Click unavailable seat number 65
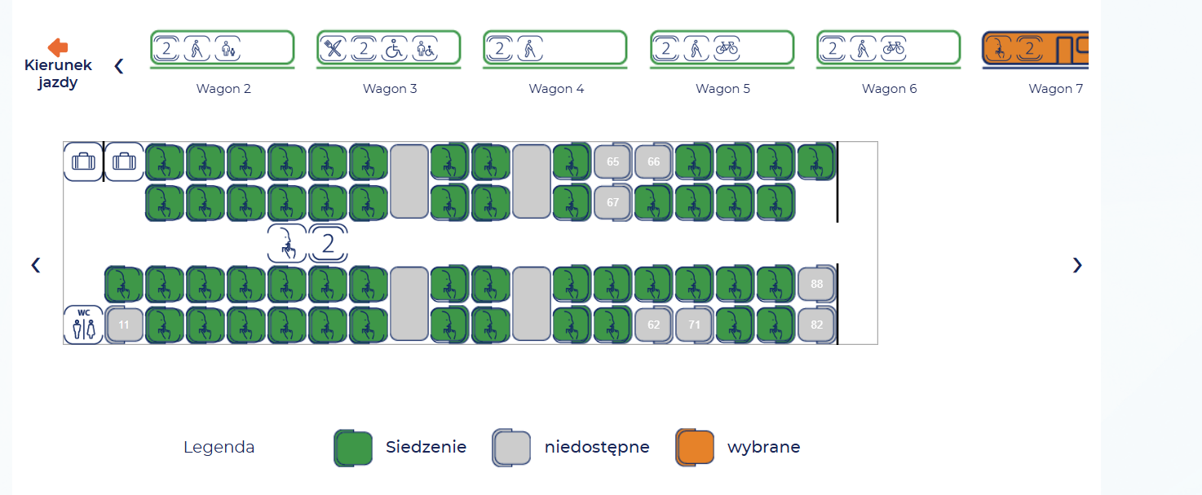coord(612,161)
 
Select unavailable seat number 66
coord(653,161)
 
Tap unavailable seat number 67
coord(612,202)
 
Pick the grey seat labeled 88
coord(816,284)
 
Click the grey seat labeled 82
coord(816,325)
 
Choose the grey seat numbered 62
coord(653,325)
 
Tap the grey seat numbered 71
coord(694,325)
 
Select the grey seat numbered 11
coord(124,325)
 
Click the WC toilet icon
coord(84,325)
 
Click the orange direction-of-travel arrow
coord(58,47)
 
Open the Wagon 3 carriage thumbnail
coord(389,48)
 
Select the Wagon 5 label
coord(723,89)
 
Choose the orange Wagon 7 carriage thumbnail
coord(1035,48)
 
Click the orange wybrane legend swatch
coord(695,448)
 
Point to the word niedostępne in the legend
coord(597,447)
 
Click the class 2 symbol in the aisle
coord(329,243)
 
